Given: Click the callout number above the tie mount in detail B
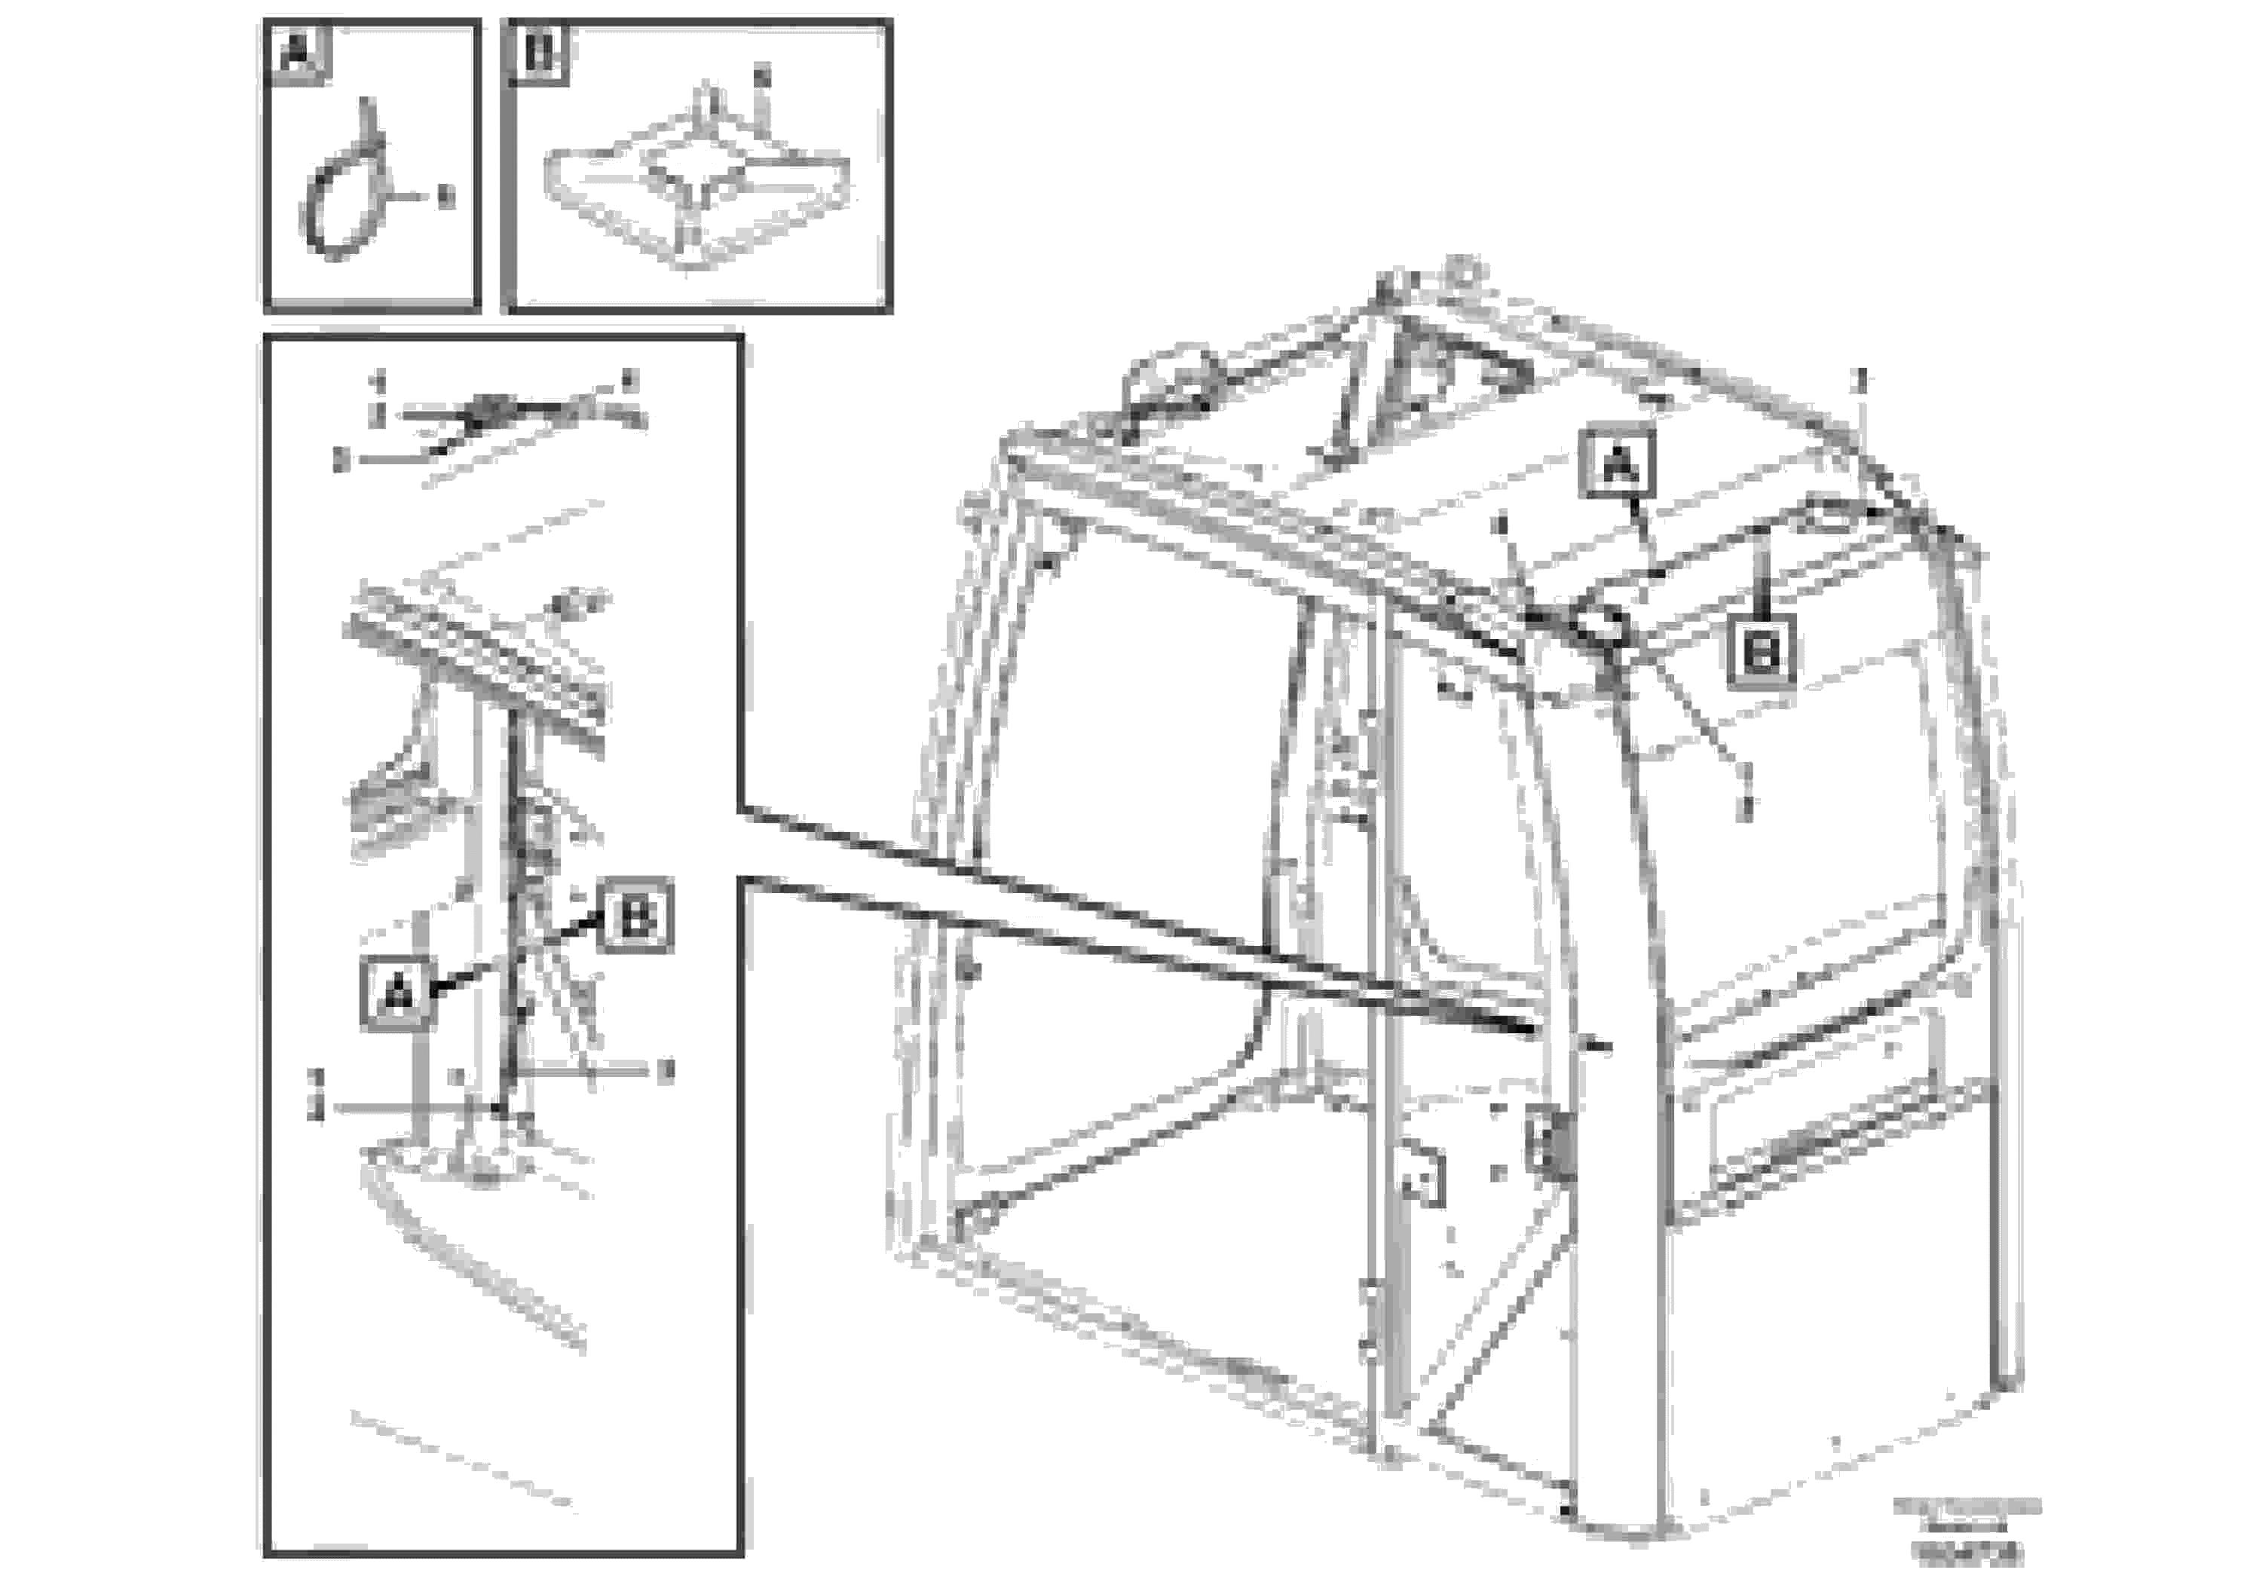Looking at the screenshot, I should click(762, 75).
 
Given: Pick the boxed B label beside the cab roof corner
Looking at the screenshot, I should click(1761, 652).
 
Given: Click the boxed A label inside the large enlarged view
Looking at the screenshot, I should click(396, 994).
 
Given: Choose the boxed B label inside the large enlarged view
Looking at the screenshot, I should click(636, 916).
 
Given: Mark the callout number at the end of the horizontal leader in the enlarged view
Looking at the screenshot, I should click(666, 1072).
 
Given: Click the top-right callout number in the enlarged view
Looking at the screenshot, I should click(629, 379).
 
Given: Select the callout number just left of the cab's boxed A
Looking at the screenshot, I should click(1502, 527).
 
